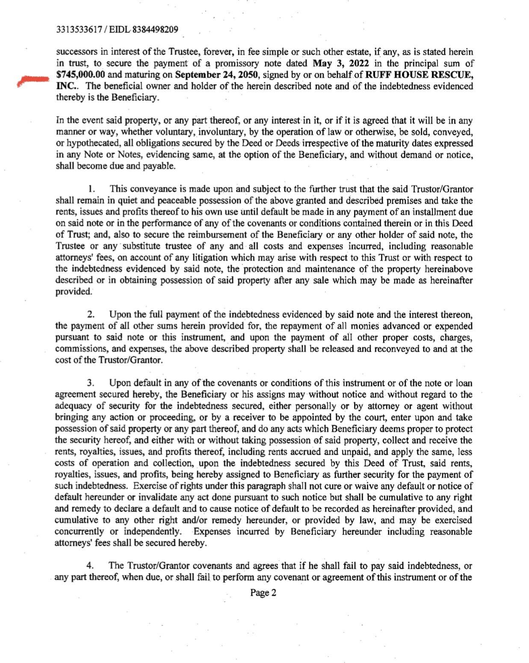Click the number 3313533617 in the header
[x=79, y=30]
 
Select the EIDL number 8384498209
[x=155, y=30]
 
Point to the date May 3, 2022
[x=338, y=64]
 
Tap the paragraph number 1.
[x=91, y=189]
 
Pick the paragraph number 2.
[x=91, y=315]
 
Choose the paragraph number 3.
[x=91, y=383]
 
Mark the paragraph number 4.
[x=90, y=566]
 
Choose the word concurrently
[x=80, y=532]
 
